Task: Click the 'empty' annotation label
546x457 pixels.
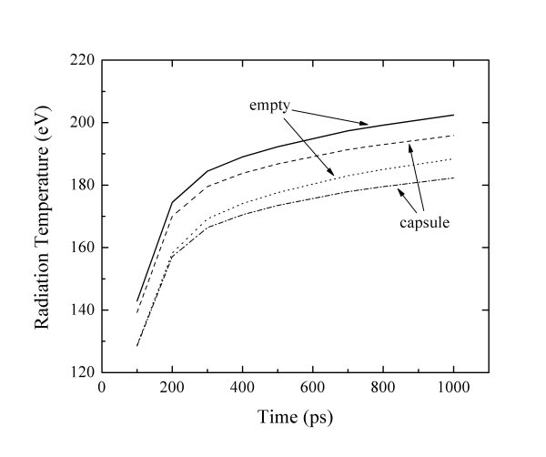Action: point(269,106)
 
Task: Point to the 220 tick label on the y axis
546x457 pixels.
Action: point(83,60)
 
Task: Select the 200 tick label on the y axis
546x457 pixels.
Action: point(83,123)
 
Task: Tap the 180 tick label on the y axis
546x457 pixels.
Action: point(83,186)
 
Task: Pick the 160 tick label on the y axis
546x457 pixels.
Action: point(83,248)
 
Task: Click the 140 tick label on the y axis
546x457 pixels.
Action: point(83,310)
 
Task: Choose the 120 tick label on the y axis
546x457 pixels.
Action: point(83,372)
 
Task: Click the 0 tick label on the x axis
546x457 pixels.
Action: point(102,388)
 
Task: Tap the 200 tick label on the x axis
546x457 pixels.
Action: point(172,388)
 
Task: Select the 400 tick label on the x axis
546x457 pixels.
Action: point(243,388)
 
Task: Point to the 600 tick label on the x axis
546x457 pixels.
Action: point(313,388)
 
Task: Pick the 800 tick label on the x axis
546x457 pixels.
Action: point(383,388)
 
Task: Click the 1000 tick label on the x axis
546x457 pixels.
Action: point(453,388)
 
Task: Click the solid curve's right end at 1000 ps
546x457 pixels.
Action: point(453,115)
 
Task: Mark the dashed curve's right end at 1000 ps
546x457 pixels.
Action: point(453,136)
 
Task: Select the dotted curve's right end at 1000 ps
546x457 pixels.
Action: point(453,159)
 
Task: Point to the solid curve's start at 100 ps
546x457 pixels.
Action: point(136,300)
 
